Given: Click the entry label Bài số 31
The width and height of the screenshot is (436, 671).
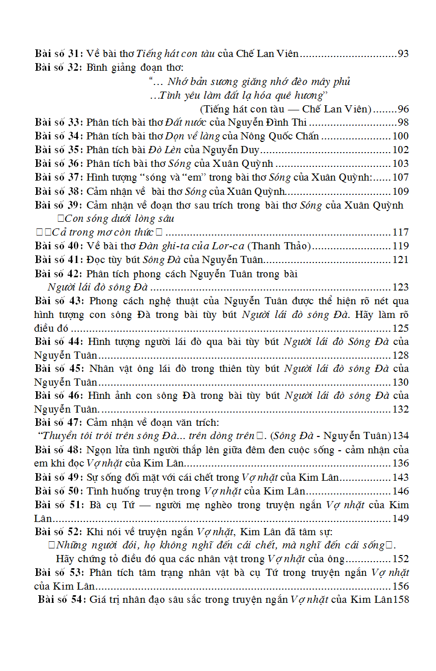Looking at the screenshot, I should click(59, 53).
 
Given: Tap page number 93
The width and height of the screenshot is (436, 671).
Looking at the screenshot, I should click(403, 53).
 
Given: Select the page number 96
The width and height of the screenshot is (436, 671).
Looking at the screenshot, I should click(403, 109).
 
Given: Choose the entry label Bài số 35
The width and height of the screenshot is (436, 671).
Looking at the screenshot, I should click(59, 150).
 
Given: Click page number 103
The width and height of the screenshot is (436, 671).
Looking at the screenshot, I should click(401, 163).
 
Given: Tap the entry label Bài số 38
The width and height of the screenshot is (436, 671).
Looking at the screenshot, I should click(59, 191).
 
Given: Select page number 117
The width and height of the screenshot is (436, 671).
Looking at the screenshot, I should click(401, 232).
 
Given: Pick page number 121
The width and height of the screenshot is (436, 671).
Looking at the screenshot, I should click(401, 260).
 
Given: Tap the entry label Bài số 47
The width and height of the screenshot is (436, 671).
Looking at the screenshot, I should click(59, 422).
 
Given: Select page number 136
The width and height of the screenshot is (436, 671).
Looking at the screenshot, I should click(401, 463).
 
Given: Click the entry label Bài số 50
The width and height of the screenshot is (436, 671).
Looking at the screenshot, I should click(59, 491).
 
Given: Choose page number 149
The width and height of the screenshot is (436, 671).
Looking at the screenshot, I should click(401, 518).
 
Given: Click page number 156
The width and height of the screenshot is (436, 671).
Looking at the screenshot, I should click(401, 586).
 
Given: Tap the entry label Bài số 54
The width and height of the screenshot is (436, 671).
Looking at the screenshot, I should click(62, 600).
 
